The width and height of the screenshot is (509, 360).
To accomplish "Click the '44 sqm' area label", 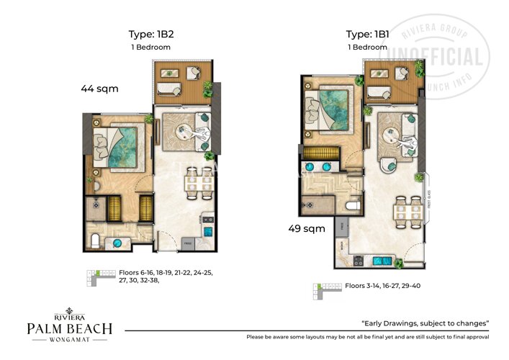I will [99, 89].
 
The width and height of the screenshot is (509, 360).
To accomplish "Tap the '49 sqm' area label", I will [304, 229].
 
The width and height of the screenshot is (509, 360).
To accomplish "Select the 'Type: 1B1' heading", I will [368, 34].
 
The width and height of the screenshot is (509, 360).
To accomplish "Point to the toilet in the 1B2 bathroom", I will [96, 240].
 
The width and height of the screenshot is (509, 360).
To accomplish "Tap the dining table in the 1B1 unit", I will [402, 211].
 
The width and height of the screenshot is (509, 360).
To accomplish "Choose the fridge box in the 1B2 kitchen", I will [187, 243].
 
